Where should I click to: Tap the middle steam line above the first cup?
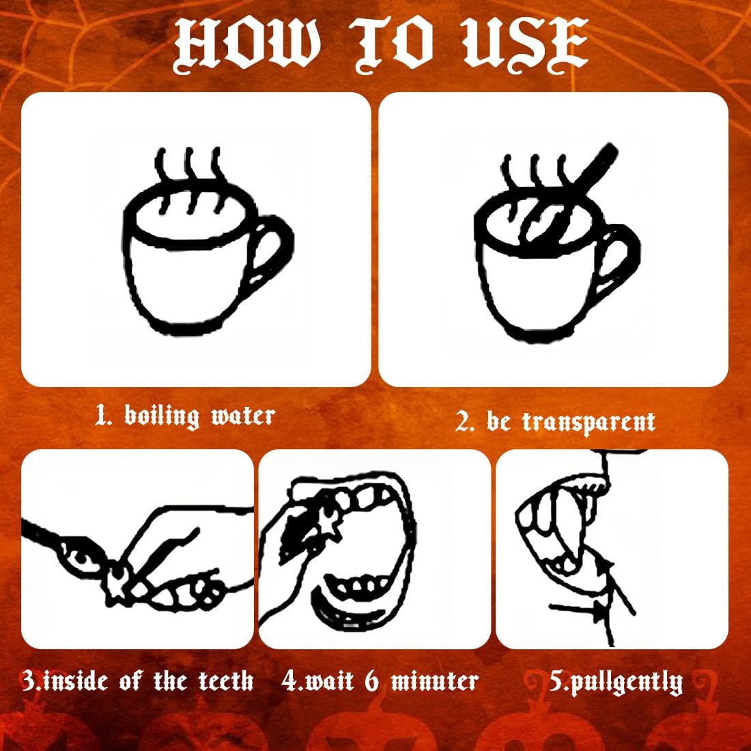click(190, 180)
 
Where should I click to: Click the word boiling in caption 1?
click(161, 416)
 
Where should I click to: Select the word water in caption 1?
click(243, 416)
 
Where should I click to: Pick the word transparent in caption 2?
click(589, 423)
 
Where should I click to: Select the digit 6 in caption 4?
click(371, 681)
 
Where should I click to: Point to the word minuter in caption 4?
click(434, 681)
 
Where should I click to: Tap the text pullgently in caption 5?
click(623, 683)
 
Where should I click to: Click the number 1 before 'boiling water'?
click(102, 415)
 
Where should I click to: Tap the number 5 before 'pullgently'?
click(555, 681)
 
